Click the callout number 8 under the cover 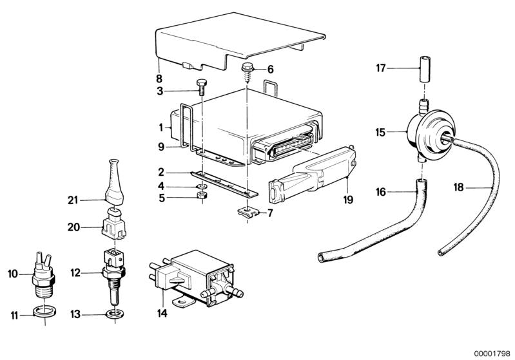[x=159, y=79]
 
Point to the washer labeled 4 [x=202, y=186]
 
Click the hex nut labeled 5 [x=202, y=196]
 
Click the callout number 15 [x=380, y=132]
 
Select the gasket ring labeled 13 [x=115, y=314]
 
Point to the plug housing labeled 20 [x=114, y=225]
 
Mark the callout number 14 [x=162, y=313]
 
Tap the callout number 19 [x=348, y=199]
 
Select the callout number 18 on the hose [x=458, y=187]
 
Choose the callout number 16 [x=381, y=192]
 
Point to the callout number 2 [x=161, y=172]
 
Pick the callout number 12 [x=75, y=272]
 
